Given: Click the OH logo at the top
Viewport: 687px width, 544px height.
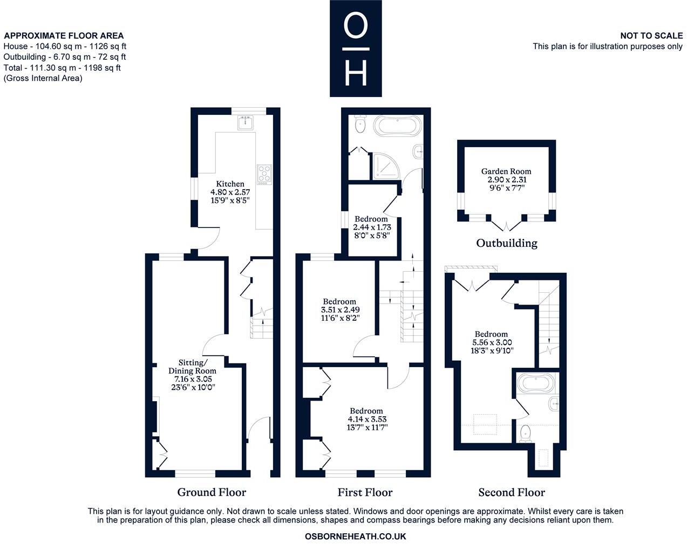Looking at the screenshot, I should (x=356, y=49).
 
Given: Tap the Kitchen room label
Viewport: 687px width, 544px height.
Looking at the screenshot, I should (x=230, y=184).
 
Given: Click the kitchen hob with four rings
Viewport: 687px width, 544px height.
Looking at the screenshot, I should (x=264, y=174).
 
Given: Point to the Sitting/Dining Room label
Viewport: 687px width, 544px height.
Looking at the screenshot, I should (x=192, y=367).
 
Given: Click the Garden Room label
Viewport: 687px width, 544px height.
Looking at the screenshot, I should (x=506, y=171).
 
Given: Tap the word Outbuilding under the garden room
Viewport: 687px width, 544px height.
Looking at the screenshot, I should (x=506, y=243).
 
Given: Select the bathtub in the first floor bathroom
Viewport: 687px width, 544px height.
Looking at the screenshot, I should (x=397, y=127).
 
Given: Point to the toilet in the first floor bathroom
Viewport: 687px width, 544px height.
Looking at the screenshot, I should (x=360, y=125).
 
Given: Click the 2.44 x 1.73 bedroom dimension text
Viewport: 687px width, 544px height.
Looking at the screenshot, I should (x=372, y=228).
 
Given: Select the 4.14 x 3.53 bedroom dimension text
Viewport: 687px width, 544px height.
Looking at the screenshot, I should (x=367, y=419).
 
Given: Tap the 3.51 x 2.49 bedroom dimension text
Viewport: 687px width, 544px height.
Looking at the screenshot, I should (x=340, y=310).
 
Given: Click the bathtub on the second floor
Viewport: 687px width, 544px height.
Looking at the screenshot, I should (x=535, y=383).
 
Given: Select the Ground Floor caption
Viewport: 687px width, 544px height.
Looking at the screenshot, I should (x=212, y=492).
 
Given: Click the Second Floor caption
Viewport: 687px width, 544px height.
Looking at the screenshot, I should (x=512, y=492).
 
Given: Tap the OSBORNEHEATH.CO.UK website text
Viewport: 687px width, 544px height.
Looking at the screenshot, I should (x=355, y=536).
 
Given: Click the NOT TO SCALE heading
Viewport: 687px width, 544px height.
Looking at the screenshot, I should (x=651, y=36).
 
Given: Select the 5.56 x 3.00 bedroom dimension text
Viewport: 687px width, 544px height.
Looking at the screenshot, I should (x=492, y=342).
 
